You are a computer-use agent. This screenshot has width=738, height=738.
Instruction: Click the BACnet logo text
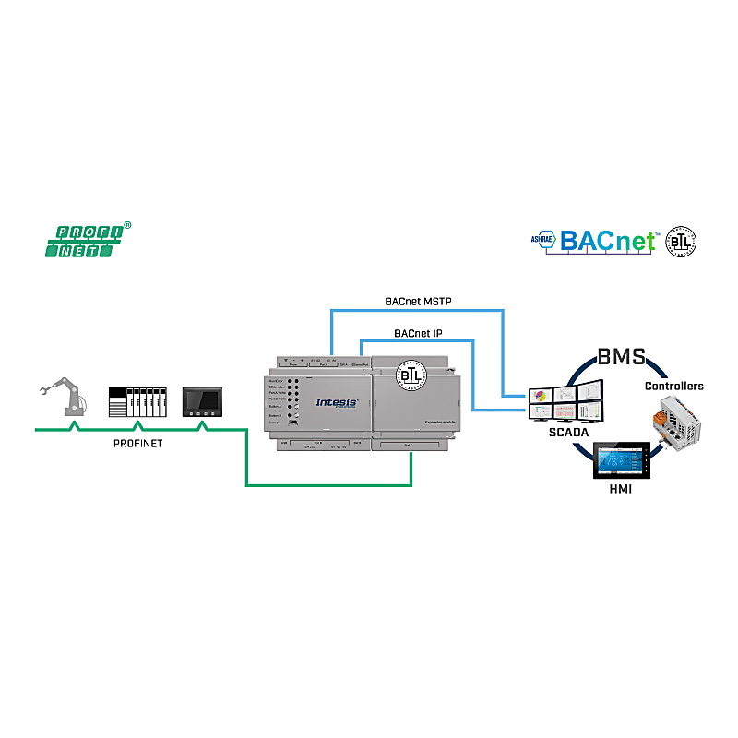click(609, 242)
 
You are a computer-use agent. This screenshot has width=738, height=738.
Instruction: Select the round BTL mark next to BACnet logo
click(682, 242)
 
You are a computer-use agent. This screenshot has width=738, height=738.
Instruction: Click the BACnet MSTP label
click(418, 301)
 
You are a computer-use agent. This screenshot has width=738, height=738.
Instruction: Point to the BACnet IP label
click(419, 332)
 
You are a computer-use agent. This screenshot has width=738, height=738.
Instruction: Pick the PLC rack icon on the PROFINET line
click(137, 402)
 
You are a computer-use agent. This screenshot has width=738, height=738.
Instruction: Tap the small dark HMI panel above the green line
click(203, 402)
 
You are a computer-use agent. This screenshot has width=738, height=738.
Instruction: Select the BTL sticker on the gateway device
click(410, 375)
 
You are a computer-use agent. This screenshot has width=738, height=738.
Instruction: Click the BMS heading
click(622, 356)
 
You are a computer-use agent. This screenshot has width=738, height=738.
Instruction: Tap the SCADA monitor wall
click(565, 404)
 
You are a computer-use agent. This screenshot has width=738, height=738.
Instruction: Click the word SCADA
click(565, 432)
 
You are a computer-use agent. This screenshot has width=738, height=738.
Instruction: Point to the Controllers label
click(673, 386)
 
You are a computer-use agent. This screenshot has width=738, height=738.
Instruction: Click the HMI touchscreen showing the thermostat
click(622, 459)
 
